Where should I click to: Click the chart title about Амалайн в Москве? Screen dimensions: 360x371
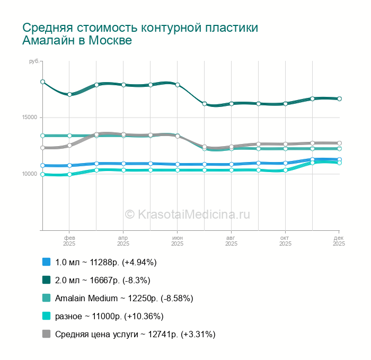[140, 34]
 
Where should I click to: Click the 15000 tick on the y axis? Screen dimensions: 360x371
[29, 118]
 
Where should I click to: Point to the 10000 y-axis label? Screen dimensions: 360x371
[29, 174]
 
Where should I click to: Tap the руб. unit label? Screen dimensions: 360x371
[34, 62]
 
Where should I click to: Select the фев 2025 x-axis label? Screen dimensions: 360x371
[69, 241]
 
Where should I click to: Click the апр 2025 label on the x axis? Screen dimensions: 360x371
[123, 241]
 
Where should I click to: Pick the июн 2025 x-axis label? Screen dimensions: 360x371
[178, 241]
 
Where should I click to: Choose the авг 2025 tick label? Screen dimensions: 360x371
[231, 241]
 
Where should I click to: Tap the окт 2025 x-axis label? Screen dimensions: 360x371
[285, 241]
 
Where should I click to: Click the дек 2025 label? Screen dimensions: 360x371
[339, 241]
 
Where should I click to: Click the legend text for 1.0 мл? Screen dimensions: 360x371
[106, 262]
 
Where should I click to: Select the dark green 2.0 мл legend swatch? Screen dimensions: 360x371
[46, 280]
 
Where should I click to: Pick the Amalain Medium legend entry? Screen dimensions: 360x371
[124, 298]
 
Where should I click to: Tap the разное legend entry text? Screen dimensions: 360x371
[109, 316]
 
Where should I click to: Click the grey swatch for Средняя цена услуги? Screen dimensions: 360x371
[46, 334]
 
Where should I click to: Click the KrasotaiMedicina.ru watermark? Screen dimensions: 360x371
[187, 214]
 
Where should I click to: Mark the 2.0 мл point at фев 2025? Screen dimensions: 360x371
[69, 94]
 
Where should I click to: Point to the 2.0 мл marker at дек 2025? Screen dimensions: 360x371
[339, 98]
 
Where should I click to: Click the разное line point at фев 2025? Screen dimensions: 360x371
[69, 174]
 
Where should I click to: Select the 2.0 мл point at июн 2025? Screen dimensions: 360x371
[178, 85]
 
